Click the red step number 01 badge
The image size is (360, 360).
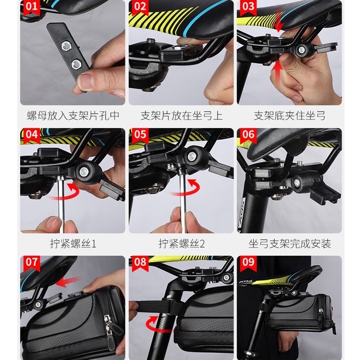coord(32,7)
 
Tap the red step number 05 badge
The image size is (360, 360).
coord(140,135)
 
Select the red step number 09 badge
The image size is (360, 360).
coord(249,263)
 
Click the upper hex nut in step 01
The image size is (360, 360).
coord(67,46)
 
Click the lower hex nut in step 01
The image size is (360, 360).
coord(76,65)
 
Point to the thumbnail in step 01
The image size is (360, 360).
coord(86,81)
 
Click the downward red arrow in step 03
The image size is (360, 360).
coord(279,20)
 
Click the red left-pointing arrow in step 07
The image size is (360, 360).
coord(68,282)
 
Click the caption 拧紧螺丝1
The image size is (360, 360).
coord(73,244)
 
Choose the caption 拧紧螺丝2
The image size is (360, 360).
coord(181,244)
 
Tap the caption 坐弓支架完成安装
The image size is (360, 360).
coord(290,244)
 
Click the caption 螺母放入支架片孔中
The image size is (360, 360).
coord(73,116)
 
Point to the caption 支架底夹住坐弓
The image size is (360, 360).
coord(290,116)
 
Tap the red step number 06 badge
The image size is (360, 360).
coord(249,135)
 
